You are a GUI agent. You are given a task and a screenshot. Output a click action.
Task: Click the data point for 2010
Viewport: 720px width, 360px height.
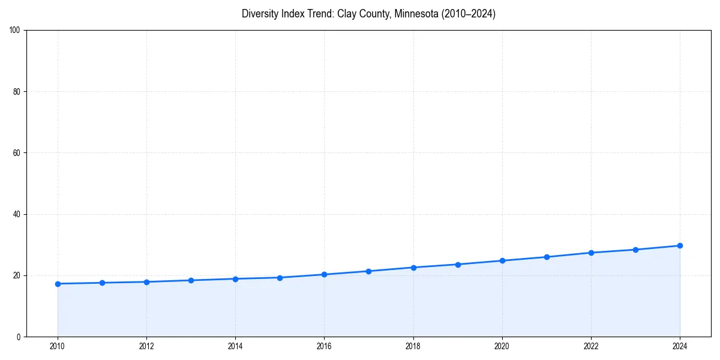[x=58, y=284]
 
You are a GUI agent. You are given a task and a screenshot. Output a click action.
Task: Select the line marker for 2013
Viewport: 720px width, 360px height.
[x=191, y=280]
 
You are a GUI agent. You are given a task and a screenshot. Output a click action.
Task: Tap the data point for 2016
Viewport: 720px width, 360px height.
[x=324, y=274]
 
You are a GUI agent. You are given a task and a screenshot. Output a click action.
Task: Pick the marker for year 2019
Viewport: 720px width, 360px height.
[x=458, y=265]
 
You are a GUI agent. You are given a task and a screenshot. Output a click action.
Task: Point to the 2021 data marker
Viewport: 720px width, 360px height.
[x=547, y=257]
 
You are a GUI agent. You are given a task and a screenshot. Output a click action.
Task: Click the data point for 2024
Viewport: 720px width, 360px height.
[x=680, y=245]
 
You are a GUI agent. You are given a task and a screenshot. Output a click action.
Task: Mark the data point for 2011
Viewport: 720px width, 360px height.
[x=102, y=283]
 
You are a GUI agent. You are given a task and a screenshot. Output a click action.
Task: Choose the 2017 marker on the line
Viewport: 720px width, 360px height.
[x=368, y=271]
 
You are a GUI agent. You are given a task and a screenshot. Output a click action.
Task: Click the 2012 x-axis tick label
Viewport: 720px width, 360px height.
[x=146, y=346]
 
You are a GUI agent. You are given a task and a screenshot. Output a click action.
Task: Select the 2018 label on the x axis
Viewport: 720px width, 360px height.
[x=413, y=346]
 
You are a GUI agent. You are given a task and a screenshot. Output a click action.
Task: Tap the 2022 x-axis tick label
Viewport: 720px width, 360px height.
[x=591, y=346]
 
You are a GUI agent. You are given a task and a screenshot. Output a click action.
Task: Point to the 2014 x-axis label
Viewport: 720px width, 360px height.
[x=235, y=346]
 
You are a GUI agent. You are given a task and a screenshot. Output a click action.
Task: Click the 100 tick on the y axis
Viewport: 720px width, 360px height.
[x=15, y=30]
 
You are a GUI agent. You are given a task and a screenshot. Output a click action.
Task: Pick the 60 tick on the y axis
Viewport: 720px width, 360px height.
[x=17, y=153]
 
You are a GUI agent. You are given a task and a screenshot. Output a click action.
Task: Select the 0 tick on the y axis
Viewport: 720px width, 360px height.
[x=19, y=337]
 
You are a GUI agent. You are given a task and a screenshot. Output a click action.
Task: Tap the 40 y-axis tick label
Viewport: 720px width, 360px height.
[x=17, y=214]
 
